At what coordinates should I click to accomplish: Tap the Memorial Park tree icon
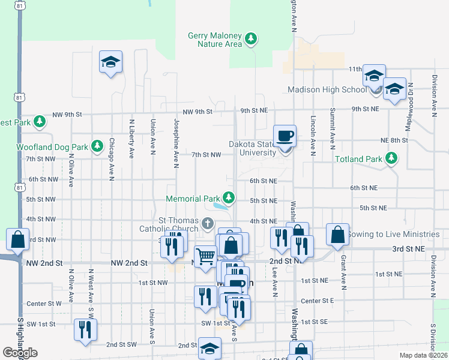pyautogui.click(x=228, y=197)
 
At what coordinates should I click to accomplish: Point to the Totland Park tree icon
pyautogui.click(x=391, y=158)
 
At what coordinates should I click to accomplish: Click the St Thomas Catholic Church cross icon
pyautogui.click(x=207, y=224)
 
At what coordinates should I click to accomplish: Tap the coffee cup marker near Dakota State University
pyautogui.click(x=285, y=136)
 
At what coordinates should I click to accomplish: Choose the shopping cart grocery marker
pyautogui.click(x=206, y=257)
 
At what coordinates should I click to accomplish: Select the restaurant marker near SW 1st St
pyautogui.click(x=85, y=329)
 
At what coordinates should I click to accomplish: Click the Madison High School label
pyautogui.click(x=327, y=90)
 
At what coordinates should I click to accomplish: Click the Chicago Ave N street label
pyautogui.click(x=112, y=159)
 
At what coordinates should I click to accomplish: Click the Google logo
pyautogui.click(x=20, y=353)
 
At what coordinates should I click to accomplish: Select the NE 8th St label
pyautogui.click(x=394, y=140)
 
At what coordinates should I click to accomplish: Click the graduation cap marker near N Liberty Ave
pyautogui.click(x=110, y=62)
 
